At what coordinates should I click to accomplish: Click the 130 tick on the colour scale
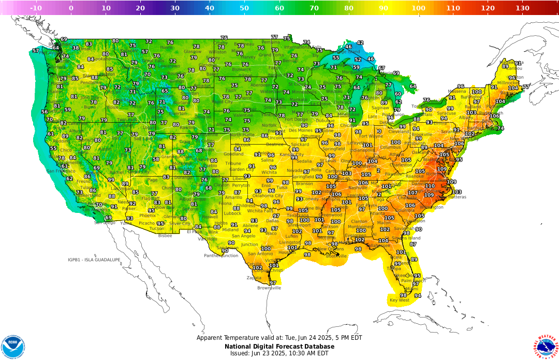pos(522,8)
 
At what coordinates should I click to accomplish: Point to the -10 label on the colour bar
pos(36,8)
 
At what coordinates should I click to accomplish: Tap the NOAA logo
pos(13,347)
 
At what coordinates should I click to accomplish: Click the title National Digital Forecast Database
pos(279,347)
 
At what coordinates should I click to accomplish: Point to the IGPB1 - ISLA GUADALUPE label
pos(94,260)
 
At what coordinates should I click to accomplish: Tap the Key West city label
pos(399,300)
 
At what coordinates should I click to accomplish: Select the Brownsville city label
pos(269,287)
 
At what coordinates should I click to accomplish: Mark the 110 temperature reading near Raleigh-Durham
pos(430,186)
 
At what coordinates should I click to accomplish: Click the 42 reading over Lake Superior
pos(360,43)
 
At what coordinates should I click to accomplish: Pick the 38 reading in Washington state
pos(76,48)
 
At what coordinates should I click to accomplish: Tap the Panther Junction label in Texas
pos(221,255)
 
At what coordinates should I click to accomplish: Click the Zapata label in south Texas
pos(254,277)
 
